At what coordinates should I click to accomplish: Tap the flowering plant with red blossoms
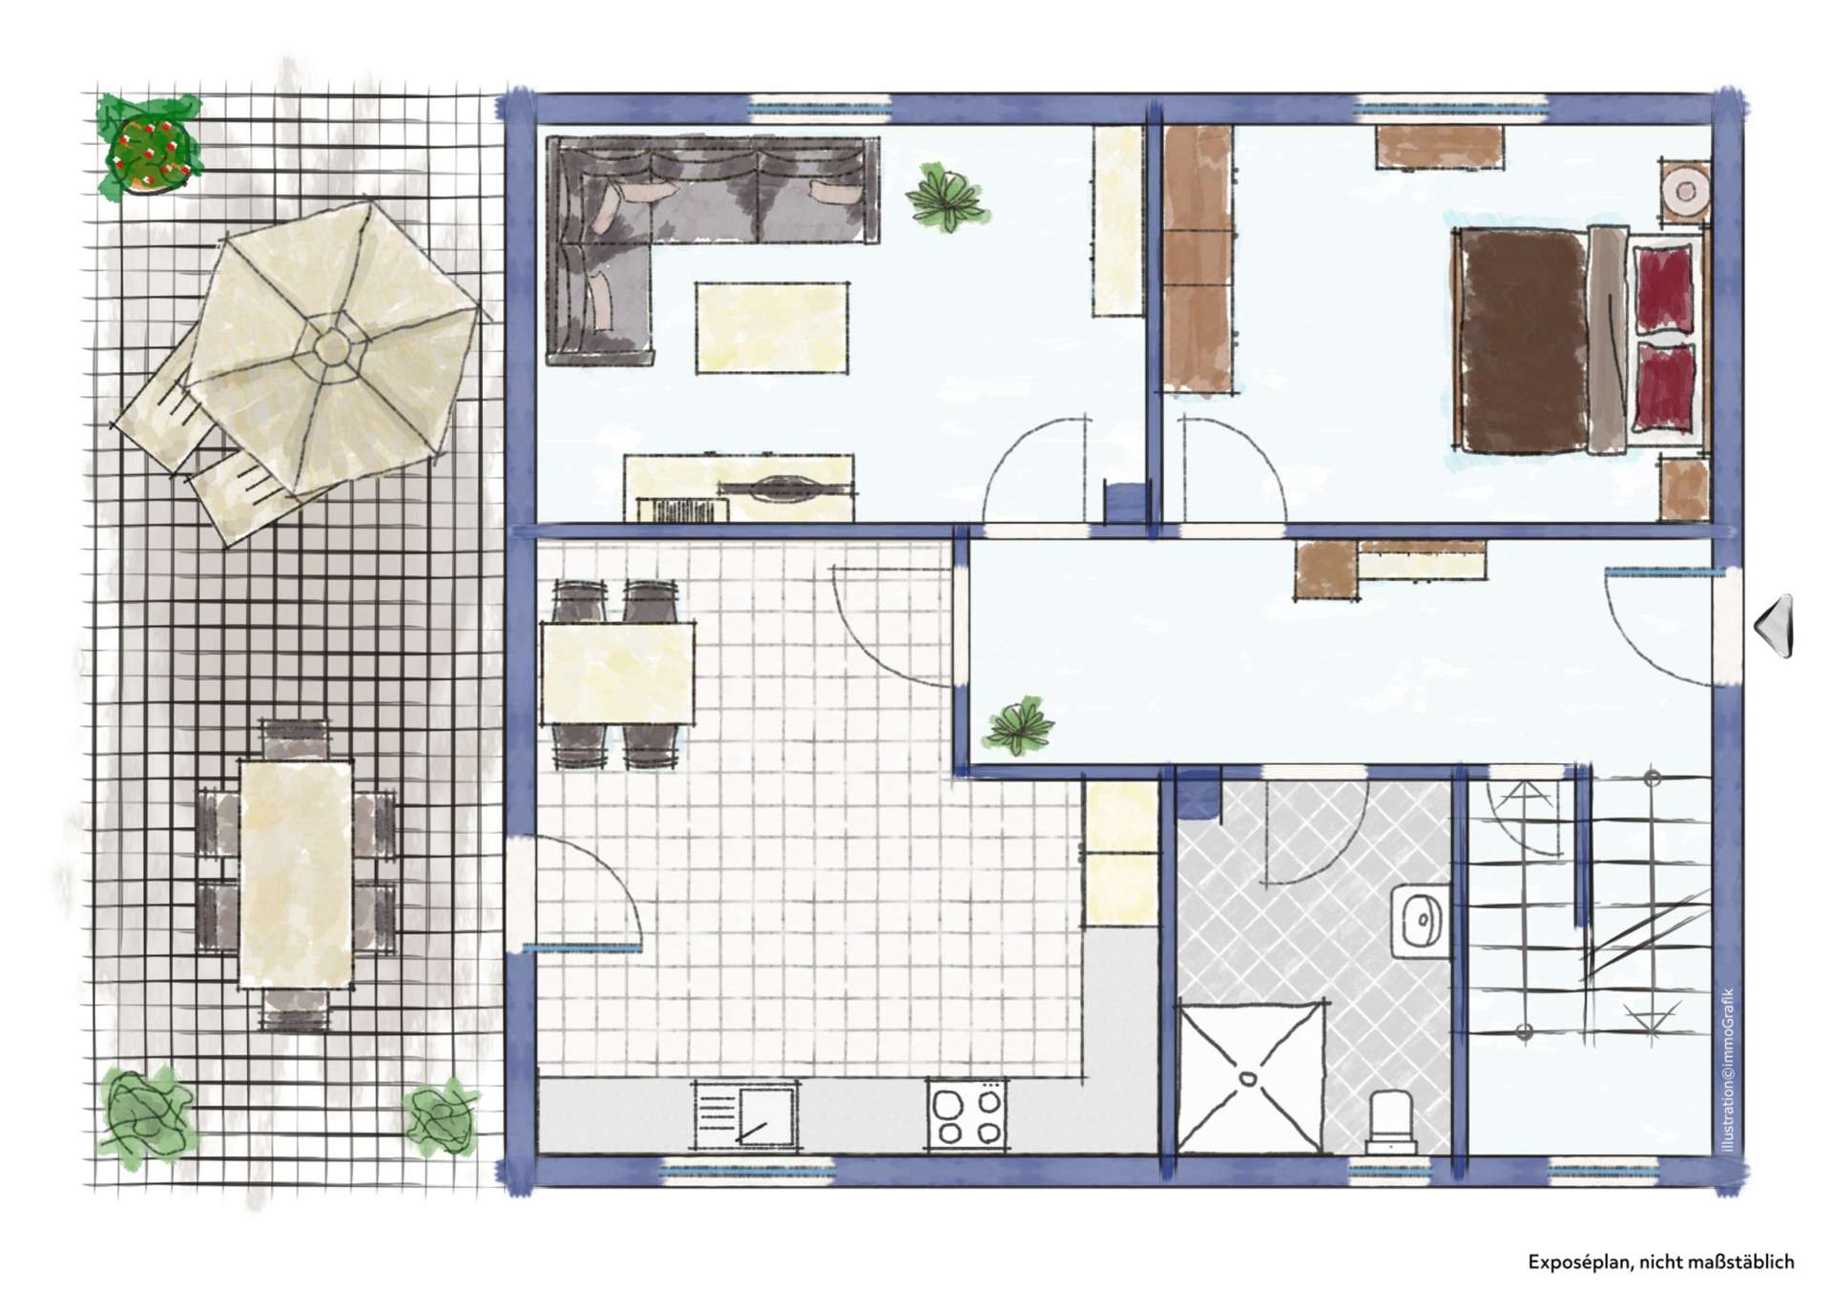coord(148,149)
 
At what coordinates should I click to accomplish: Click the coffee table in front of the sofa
coord(771,327)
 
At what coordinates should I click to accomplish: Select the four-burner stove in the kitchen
coord(966,1114)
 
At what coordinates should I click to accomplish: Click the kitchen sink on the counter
coord(745,1114)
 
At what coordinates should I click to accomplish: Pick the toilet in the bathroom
coord(1393,1121)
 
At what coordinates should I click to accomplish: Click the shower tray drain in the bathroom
coord(1249,1079)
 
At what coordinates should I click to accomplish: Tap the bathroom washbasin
coord(1420,920)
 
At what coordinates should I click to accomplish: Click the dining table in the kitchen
coord(617,673)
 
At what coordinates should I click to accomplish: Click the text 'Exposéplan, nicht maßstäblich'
coord(1661,1262)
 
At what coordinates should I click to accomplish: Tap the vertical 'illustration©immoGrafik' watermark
coord(1728,1069)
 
